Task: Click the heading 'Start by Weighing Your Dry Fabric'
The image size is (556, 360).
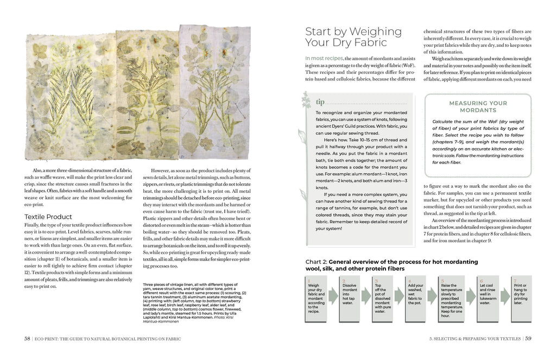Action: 353,36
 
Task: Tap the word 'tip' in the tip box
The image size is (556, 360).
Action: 320,101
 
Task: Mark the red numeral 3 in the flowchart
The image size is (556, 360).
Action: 376,281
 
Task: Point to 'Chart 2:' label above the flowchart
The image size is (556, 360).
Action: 317,262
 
